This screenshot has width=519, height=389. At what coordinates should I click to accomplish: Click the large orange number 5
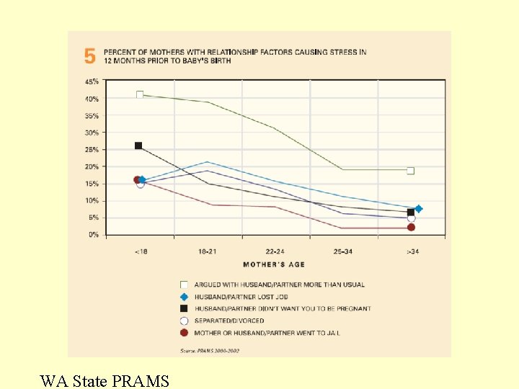[89, 56]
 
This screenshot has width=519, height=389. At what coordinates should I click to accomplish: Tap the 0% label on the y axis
[94, 235]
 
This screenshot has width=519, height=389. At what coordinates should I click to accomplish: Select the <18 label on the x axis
[141, 251]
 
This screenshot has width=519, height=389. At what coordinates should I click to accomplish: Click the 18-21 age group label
[208, 251]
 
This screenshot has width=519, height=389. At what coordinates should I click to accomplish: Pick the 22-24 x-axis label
[275, 251]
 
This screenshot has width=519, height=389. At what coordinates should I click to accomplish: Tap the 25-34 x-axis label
[342, 251]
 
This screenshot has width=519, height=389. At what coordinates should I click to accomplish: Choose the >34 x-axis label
[411, 251]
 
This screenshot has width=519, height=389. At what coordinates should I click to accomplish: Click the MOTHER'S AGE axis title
[274, 264]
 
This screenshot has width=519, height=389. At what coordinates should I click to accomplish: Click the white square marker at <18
[140, 95]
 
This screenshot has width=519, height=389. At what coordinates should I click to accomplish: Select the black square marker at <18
[138, 146]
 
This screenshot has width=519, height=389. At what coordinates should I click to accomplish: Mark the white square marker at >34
[411, 171]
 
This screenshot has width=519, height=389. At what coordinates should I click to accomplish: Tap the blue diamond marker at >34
[418, 209]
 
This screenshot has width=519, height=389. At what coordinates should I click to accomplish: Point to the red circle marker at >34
[411, 228]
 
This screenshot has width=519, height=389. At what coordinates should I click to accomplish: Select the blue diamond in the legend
[184, 297]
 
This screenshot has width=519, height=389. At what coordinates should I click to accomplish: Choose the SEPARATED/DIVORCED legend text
[229, 321]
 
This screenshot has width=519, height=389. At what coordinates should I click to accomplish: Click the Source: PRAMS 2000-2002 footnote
[210, 350]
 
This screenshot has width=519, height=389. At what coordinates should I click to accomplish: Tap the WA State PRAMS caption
[105, 380]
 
